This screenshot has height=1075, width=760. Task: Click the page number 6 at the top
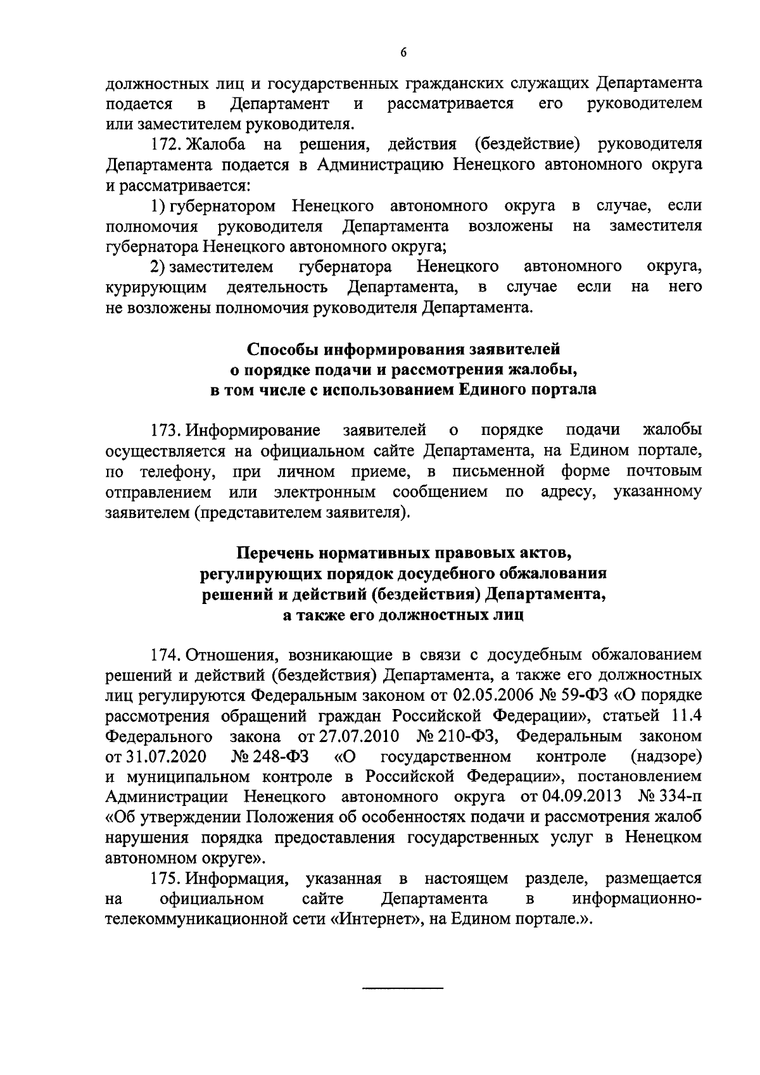403,54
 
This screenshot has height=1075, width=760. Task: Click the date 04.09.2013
579,796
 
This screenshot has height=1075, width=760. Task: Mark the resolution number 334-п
680,796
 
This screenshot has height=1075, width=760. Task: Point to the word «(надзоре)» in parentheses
666,756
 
